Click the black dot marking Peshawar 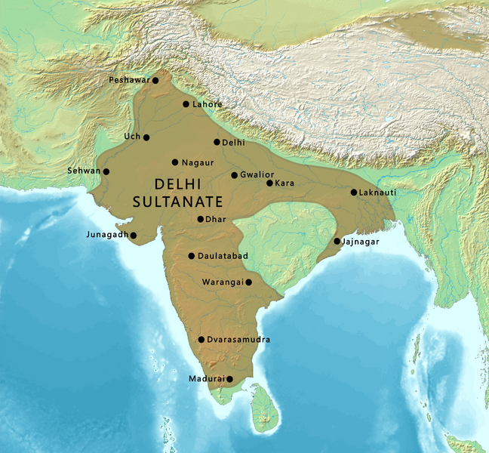[x=155, y=80]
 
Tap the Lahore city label [x=208, y=104]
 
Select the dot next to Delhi [x=217, y=142]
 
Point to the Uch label [x=132, y=137]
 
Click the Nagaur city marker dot [x=175, y=162]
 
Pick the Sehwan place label [x=84, y=171]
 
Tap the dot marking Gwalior [x=235, y=175]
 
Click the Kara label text [x=284, y=183]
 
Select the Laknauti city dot [x=353, y=192]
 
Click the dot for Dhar [x=200, y=220]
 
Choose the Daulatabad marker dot [x=192, y=256]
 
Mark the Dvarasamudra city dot [x=201, y=340]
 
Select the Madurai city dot [x=230, y=379]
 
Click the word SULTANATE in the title [x=178, y=202]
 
